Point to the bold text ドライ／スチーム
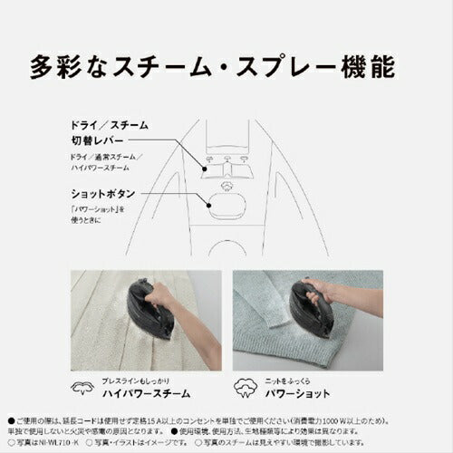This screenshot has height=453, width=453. tap(108, 124)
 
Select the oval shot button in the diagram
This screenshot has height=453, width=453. tap(226, 206)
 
